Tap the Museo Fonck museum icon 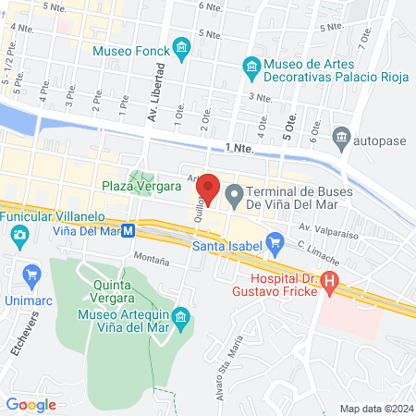point(182,46)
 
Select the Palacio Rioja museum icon point(250,65)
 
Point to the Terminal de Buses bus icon point(235,194)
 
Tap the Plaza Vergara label point(141,186)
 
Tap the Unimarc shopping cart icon point(32,274)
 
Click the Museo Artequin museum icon point(182,320)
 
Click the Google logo point(31,404)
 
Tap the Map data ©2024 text point(375,408)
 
